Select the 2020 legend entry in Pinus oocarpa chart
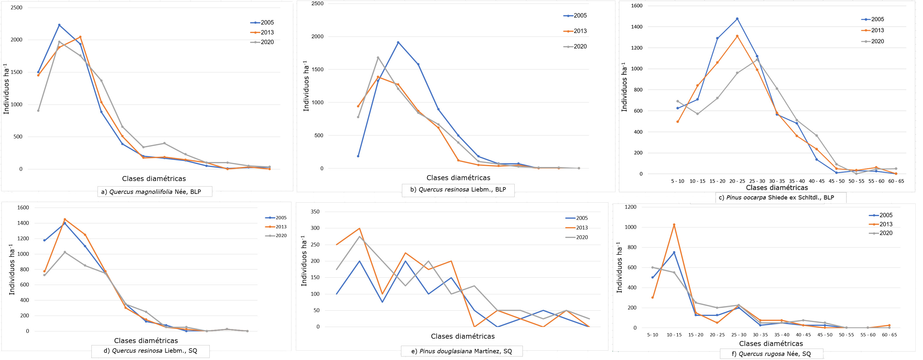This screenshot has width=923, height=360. pos(873,41)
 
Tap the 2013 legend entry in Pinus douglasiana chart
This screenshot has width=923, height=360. pos(577,228)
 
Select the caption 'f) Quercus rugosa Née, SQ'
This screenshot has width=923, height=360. pos(771,354)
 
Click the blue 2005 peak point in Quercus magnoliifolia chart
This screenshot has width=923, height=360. pos(59,25)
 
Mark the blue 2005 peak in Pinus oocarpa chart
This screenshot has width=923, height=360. pos(737,19)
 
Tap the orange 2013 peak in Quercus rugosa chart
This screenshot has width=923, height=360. pos(674,225)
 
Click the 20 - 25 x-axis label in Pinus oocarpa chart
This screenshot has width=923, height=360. pos(737,181)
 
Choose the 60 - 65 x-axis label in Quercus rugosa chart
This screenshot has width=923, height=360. pos(889,335)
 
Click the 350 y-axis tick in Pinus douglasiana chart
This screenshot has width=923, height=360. pos(315,212)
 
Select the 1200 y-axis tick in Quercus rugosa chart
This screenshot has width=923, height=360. pos(631,207)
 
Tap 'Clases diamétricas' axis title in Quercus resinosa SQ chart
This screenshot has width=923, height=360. pos(146,341)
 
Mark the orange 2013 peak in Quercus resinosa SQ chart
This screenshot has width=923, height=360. pos(65,219)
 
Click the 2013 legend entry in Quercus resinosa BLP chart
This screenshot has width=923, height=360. pos(575,31)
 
